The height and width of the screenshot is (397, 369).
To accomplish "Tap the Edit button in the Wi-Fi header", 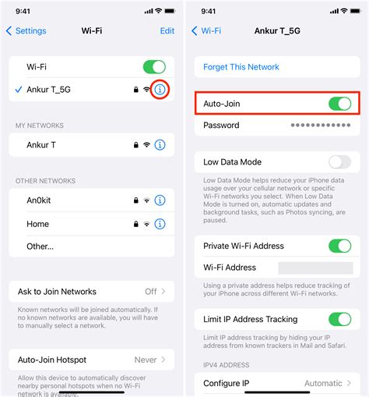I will click(167, 31).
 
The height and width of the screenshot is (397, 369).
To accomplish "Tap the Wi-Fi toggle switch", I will click(153, 67).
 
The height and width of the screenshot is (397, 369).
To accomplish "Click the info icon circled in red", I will click(160, 90).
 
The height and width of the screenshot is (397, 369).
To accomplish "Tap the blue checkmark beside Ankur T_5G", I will click(18, 90).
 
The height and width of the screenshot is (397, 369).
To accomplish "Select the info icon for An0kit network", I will click(160, 201).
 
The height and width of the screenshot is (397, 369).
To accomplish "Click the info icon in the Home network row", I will click(160, 224).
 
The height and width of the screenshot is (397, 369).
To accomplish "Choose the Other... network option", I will click(40, 246).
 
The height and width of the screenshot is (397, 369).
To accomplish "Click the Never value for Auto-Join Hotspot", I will click(146, 360).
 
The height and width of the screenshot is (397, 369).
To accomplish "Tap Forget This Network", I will click(241, 67).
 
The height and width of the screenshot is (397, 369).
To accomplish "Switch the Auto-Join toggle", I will click(340, 104).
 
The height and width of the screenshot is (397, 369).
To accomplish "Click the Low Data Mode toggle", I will click(340, 162).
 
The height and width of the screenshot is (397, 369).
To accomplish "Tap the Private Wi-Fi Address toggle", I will click(340, 246).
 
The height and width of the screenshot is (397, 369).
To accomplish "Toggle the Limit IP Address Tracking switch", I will click(340, 319).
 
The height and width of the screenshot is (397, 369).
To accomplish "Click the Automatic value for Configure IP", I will click(322, 384).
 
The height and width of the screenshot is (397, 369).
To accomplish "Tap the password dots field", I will click(321, 126).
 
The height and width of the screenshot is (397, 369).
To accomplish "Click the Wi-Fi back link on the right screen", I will click(206, 31).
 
